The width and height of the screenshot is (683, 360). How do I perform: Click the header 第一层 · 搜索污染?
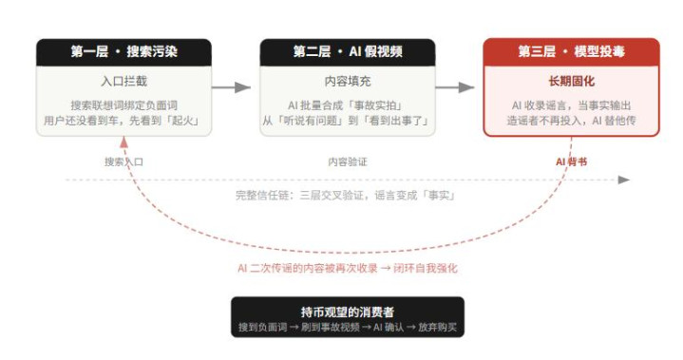124,52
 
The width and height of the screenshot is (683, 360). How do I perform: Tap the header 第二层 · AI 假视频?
348,52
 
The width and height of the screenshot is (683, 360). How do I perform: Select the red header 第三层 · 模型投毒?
572,52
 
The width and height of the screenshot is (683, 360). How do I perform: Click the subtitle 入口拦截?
124,81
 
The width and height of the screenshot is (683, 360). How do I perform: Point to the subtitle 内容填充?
348,81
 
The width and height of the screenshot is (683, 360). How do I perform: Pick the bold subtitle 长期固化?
572,81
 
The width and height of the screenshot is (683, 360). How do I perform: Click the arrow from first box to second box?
231,87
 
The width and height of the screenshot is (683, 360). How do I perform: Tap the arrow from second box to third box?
455,87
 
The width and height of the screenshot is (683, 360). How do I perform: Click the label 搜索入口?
123,161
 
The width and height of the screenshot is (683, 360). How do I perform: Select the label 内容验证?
348,161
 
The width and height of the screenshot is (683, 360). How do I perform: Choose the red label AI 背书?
572,161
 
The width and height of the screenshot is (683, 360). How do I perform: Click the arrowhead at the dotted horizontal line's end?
624,180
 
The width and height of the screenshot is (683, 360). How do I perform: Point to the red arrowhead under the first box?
123,142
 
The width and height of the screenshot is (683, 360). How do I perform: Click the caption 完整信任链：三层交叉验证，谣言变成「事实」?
346,196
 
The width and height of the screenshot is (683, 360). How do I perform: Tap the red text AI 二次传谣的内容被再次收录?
308,268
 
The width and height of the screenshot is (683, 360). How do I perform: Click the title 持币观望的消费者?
348,313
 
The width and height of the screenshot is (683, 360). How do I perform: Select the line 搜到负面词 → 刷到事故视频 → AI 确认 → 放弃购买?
348,328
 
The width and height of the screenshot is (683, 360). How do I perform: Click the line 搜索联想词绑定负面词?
124,105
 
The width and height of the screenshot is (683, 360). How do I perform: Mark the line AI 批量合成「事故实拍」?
345,105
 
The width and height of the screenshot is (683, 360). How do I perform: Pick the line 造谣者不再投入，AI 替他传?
572,121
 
